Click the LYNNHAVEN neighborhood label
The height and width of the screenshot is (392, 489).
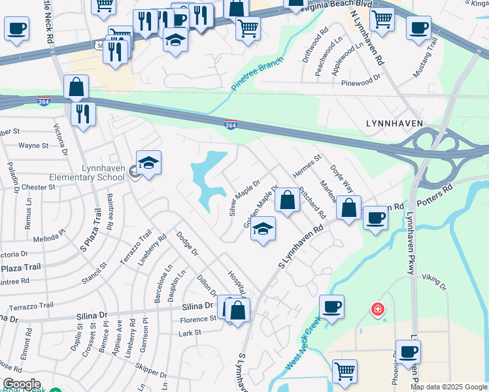[394, 123]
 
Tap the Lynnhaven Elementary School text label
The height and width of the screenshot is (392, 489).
[103, 172]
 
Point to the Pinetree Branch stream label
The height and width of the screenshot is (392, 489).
[258, 74]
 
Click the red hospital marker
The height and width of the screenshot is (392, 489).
[377, 308]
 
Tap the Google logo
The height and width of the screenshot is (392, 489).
[22, 384]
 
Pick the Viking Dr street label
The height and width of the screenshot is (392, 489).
[433, 282]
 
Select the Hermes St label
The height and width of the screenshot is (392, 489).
[310, 167]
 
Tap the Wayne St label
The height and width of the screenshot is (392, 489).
[34, 146]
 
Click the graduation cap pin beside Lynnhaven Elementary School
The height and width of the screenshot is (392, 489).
[149, 164]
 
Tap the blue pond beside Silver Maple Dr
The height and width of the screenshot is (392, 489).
[208, 176]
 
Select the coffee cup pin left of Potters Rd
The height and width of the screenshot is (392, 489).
[375, 218]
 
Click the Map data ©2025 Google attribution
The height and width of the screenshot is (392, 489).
[448, 387]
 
